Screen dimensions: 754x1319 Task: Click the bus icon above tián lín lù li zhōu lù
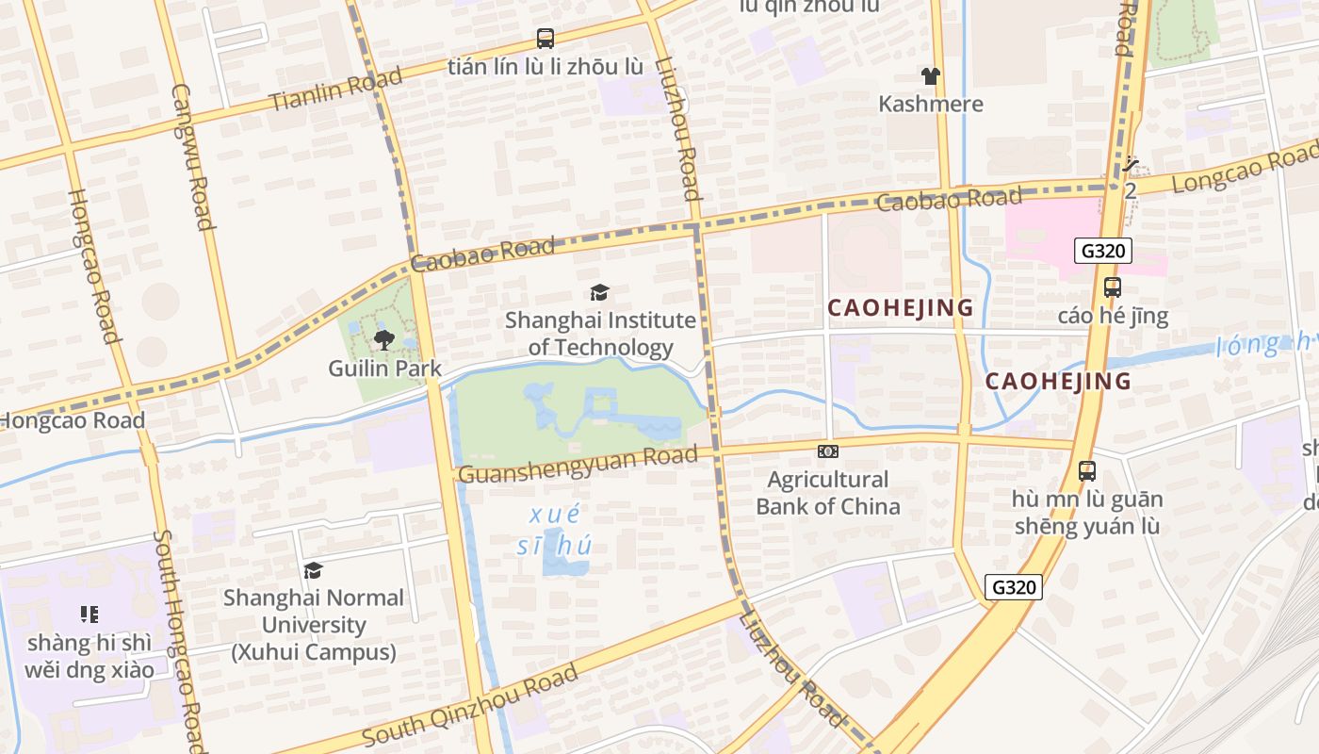coord(546,39)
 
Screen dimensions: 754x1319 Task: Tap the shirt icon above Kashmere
coord(931,76)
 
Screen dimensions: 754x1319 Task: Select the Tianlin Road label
coord(336,89)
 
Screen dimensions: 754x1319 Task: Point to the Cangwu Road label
coord(189,156)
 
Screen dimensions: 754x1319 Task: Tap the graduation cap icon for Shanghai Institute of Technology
coord(599,292)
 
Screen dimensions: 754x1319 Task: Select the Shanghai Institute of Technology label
coord(600,334)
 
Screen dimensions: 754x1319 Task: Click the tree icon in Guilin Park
coord(383,340)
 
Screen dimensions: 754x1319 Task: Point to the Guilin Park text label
coord(384,368)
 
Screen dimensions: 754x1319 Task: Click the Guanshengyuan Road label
coord(578,464)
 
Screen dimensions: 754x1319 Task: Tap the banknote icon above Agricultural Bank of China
coord(828,451)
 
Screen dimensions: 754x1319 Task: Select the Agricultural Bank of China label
coord(828,493)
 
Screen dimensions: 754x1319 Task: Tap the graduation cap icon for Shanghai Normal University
coord(313,570)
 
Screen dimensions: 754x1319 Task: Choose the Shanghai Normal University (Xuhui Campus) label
coord(314,624)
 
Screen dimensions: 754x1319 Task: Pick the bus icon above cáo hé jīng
coord(1113,287)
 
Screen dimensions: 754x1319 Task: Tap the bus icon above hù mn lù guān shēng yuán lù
coord(1087,470)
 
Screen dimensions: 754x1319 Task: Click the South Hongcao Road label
coord(178,641)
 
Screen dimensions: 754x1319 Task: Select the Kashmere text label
coord(931,104)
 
